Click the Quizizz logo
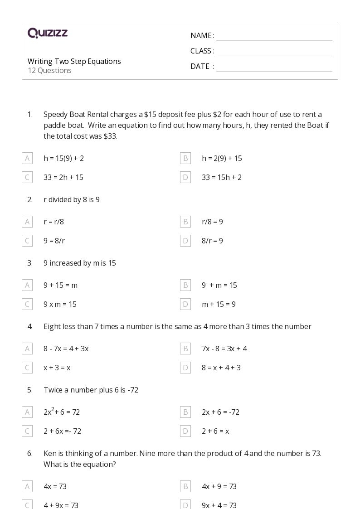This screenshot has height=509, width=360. pos(48,33)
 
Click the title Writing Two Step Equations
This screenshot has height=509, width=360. pos(74,61)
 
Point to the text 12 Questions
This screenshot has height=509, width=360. pos(49,70)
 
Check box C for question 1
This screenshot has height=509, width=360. pos(27,177)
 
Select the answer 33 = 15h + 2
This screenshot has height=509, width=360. pos(221,177)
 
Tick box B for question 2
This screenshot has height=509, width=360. pos(185,222)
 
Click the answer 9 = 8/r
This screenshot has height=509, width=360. pos(54,241)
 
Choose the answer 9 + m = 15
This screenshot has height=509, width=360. pos(219,285)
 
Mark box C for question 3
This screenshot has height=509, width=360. pos(27,304)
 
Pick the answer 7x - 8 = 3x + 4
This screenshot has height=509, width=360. pos(224,349)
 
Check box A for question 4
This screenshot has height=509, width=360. pos(27,349)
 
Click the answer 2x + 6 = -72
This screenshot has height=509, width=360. pos(220,412)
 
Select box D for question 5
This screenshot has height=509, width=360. pos(185,431)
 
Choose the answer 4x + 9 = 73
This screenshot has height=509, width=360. pos(219,486)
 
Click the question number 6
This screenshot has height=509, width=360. pos(30,453)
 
